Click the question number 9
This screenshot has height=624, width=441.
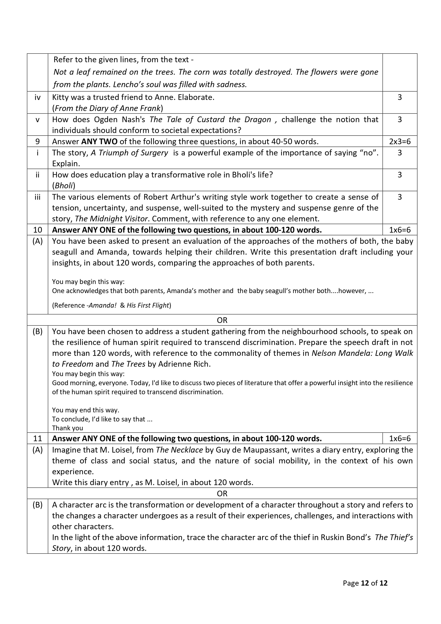[38, 141]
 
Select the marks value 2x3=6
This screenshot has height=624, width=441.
[400, 141]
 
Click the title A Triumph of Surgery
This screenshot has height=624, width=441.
[129, 153]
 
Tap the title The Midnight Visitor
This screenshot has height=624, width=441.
[111, 219]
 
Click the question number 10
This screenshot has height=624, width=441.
[38, 230]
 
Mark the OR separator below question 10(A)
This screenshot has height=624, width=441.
[222, 320]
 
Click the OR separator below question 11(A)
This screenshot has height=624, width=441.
[222, 493]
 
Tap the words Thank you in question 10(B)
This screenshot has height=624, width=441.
[67, 428]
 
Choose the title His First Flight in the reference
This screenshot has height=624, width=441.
[148, 306]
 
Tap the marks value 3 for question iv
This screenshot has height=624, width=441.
[400, 97]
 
